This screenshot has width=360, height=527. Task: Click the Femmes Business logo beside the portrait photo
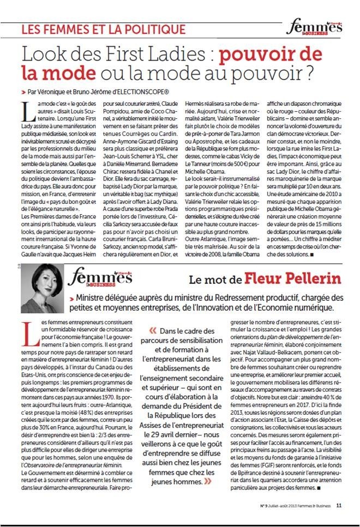pyautogui.click(x=101, y=277)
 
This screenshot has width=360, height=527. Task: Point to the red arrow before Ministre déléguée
pyautogui.click(x=73, y=299)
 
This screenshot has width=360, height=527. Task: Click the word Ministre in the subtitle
pyautogui.click(x=93, y=299)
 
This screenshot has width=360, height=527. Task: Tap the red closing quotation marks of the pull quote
pyautogui.click(x=208, y=467)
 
